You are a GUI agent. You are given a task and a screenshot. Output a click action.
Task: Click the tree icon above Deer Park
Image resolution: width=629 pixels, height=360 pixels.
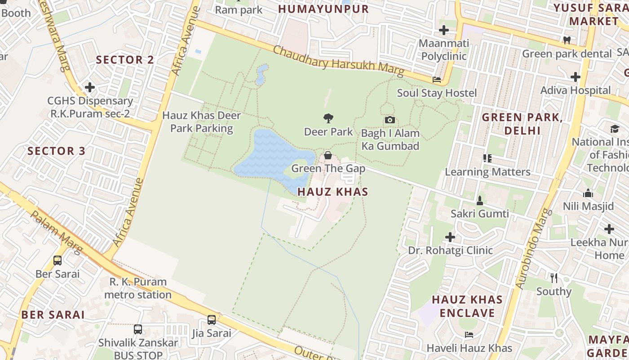click(x=328, y=118)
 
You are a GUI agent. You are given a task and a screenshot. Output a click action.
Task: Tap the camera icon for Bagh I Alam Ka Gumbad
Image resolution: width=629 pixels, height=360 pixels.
click(x=390, y=120)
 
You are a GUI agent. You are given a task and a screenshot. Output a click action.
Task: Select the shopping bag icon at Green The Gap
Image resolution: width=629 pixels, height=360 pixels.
click(x=328, y=155)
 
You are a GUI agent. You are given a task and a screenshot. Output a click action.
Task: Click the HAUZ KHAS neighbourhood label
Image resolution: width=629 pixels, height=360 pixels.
click(x=333, y=192)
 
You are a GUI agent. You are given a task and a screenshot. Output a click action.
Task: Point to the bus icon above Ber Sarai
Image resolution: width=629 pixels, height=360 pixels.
click(x=58, y=260)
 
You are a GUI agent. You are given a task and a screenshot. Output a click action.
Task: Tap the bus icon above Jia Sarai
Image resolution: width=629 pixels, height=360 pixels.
click(x=212, y=320)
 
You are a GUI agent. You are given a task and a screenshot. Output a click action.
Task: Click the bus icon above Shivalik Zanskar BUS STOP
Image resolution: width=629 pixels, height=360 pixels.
click(x=138, y=329)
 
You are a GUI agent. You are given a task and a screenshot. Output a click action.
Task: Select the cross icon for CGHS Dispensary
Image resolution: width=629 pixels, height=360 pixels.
click(x=90, y=87)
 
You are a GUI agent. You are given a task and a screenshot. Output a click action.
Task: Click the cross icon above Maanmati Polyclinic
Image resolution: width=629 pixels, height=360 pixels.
click(x=444, y=30)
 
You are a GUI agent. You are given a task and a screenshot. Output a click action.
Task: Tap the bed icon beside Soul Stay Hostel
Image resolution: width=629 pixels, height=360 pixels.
click(x=437, y=80)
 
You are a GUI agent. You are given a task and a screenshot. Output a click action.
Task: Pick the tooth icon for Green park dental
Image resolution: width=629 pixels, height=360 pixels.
click(x=567, y=40)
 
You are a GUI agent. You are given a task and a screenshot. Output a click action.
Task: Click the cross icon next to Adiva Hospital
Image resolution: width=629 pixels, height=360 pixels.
click(x=576, y=77)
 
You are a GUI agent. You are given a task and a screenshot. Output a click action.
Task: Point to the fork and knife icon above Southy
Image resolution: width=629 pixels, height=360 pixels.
click(x=554, y=278)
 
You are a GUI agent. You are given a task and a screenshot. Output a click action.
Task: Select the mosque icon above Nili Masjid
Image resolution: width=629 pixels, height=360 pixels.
click(x=588, y=193)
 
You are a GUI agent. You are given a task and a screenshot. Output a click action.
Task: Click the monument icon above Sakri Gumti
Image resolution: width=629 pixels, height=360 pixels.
click(x=480, y=200)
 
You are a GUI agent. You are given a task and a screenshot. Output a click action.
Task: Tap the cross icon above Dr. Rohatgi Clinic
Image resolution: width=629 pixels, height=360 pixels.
click(x=450, y=237)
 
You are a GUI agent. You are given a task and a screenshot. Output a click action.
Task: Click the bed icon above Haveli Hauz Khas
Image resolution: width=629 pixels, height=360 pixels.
click(x=469, y=334)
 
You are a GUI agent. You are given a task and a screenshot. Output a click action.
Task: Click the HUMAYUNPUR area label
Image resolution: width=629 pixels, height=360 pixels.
click(x=323, y=9)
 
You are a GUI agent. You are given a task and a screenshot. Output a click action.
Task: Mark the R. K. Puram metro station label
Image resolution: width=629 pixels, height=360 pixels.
click(x=138, y=288)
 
